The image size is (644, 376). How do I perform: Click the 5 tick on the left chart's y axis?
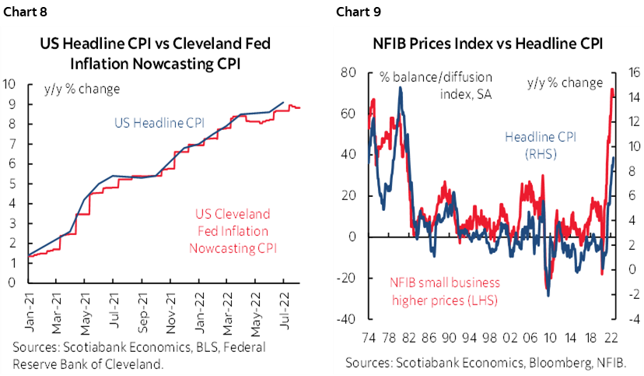click(10, 183)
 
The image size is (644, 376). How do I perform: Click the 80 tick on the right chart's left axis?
click(348, 72)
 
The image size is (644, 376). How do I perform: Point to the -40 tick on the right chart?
click(346, 319)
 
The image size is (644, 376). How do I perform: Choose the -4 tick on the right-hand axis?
click(632, 319)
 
